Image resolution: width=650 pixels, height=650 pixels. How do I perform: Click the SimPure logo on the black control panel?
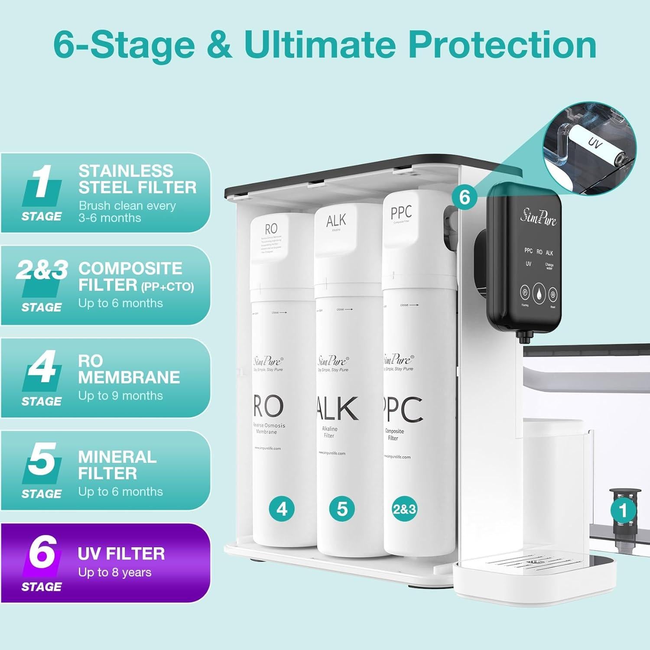pyautogui.click(x=538, y=216)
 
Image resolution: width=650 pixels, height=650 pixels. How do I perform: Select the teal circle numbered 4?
pyautogui.click(x=282, y=509)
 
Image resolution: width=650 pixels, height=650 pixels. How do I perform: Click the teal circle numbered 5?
pyautogui.click(x=342, y=509)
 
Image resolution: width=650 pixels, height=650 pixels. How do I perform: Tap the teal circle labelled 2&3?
pyautogui.click(x=404, y=509)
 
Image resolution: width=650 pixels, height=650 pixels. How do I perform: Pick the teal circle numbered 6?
pyautogui.click(x=465, y=197)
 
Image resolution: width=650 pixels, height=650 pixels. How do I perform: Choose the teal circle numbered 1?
pyautogui.click(x=623, y=510)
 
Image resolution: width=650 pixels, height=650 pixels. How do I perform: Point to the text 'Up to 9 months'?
pyautogui.click(x=120, y=396)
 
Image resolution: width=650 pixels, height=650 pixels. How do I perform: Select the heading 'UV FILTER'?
pyautogui.click(x=121, y=554)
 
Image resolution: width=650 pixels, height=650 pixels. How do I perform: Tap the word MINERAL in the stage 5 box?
pyautogui.click(x=117, y=457)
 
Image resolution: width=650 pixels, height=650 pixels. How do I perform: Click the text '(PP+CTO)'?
pyautogui.click(x=167, y=287)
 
